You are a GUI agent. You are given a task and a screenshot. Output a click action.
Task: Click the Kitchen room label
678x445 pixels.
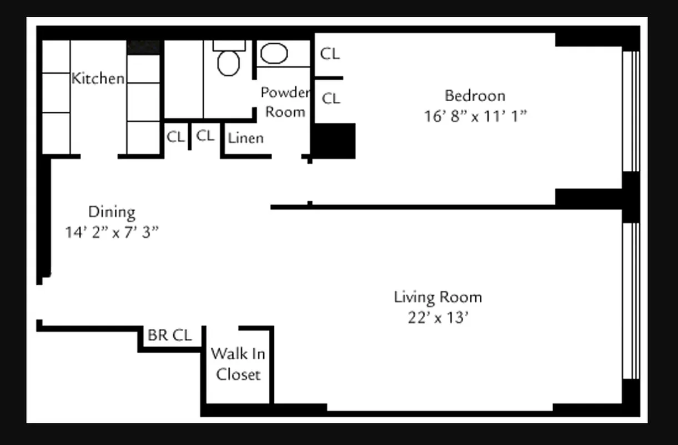pos(98,78)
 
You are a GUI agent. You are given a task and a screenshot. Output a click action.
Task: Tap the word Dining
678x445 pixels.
pos(112,212)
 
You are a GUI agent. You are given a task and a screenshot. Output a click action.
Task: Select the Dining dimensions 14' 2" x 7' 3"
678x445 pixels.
pos(112,233)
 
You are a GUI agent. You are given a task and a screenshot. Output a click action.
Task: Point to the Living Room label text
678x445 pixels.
pos(438,297)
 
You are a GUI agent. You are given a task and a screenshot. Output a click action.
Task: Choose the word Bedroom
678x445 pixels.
pos(475,96)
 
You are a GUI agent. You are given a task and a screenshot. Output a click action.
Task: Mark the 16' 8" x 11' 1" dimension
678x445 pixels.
pos(475,117)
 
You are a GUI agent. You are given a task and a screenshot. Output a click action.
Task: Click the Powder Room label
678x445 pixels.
pos(285,102)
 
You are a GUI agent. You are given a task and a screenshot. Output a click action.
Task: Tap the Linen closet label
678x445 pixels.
pos(246,137)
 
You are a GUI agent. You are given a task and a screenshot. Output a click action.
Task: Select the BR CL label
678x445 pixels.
pos(169,335)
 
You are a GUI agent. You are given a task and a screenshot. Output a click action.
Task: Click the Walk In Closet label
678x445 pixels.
pos(238,364)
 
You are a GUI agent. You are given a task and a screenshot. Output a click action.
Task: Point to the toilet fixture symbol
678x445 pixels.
pos(228,60)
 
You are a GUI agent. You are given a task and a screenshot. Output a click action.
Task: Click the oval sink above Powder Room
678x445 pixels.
pos(274,54)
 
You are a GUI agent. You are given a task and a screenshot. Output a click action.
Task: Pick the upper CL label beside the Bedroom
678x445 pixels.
pos(330,54)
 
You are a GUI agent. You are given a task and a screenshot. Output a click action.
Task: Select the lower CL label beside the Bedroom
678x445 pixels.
pos(331,98)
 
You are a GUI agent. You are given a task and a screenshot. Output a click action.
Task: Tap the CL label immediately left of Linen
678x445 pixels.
pos(205,136)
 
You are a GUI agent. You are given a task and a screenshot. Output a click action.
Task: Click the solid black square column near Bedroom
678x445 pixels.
pos(333,141)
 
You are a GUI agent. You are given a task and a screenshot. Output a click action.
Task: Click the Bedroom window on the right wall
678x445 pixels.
pos(631,111)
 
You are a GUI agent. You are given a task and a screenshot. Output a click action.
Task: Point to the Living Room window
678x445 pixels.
pos(631,300)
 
